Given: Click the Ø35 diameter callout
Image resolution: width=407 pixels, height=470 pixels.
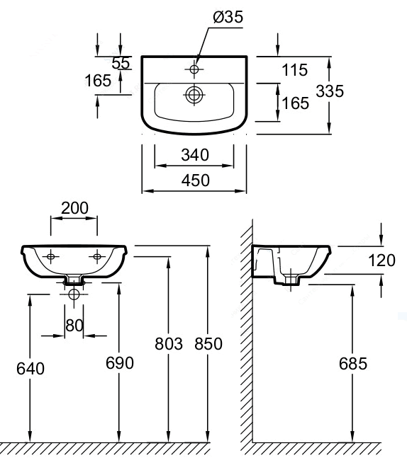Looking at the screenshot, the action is pos(228,17).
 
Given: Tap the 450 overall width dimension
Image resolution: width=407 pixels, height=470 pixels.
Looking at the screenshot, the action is pos(195,180).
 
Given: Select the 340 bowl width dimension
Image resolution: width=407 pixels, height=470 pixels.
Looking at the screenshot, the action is pos(195,155).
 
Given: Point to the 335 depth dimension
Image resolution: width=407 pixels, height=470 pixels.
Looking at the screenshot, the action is pos(330,91).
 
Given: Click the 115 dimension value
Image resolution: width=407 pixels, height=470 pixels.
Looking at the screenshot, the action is pos(295,70).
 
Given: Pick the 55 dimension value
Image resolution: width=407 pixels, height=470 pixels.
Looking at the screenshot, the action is pos(121,63).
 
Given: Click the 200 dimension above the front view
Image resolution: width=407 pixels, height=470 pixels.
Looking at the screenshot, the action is pos(74,207).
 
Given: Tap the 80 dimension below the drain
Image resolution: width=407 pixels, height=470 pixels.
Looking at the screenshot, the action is pos(74,325).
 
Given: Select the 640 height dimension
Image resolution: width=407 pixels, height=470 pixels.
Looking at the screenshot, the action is pos(30,368).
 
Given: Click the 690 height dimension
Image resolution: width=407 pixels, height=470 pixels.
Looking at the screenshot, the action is pos(120,363).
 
